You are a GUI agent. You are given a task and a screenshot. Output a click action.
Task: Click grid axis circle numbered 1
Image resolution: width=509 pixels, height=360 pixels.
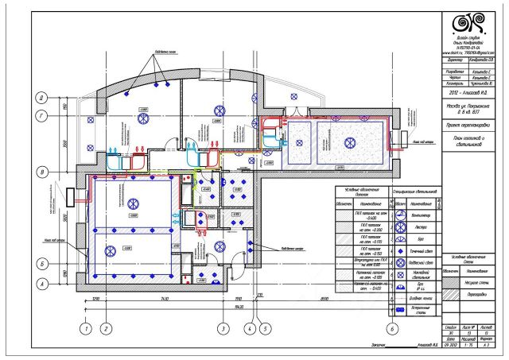click(84, 327)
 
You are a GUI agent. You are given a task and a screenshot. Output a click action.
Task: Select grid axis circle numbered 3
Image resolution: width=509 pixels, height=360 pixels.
click(223, 327)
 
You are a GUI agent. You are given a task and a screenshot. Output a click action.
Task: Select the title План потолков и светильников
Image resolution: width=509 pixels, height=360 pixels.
click(467, 142)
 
